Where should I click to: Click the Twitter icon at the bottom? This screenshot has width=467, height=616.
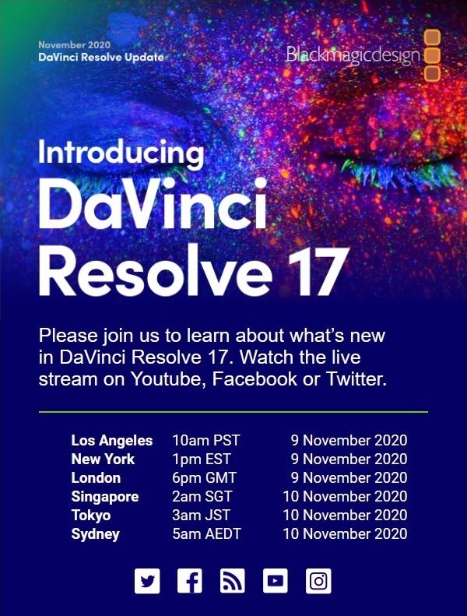click(x=147, y=581)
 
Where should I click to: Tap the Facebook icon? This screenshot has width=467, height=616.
click(x=190, y=581)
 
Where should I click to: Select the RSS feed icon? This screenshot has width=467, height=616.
click(x=233, y=581)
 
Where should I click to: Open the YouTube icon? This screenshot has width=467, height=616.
click(x=276, y=581)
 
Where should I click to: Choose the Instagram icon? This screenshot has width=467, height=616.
click(x=318, y=581)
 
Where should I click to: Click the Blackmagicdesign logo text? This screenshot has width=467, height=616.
click(x=353, y=55)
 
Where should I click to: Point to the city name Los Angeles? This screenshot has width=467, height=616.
click(x=112, y=441)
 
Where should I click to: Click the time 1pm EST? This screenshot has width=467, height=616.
click(x=202, y=459)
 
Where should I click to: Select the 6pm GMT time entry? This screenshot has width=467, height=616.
click(x=204, y=477)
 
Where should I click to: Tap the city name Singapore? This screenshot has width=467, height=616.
click(x=105, y=497)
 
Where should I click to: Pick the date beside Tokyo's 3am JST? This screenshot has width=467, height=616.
click(x=345, y=515)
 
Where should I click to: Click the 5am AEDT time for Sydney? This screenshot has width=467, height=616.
click(x=206, y=533)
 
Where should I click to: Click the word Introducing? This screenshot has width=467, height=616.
click(x=121, y=153)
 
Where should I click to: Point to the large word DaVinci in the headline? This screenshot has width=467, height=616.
click(x=153, y=203)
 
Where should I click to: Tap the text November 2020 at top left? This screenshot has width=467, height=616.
click(x=74, y=45)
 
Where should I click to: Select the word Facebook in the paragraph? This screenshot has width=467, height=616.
click(x=255, y=378)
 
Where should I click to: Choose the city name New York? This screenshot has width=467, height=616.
click(x=103, y=459)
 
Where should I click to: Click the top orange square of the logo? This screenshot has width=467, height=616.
click(x=432, y=37)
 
